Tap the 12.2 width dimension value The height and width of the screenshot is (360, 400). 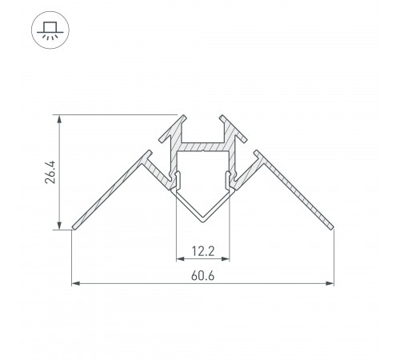pyautogui.click(x=202, y=250)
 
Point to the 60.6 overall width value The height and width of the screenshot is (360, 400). pyautogui.click(x=202, y=276)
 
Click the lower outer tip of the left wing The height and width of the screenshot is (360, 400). pyautogui.click(x=74, y=228)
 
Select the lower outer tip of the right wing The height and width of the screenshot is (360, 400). pyautogui.click(x=331, y=228)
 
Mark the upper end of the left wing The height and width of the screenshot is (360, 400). pyautogui.click(x=147, y=153)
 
